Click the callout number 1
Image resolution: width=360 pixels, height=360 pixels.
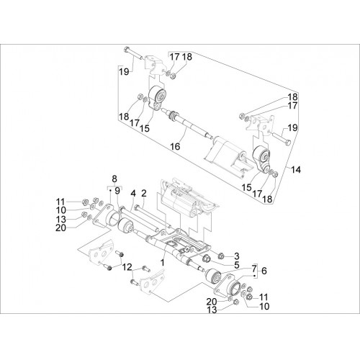(163, 263)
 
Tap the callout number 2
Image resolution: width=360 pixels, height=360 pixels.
(144, 194)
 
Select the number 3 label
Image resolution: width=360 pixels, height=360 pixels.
(237, 256)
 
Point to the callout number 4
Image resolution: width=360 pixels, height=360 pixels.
(133, 194)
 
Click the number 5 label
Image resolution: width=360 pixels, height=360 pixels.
(237, 265)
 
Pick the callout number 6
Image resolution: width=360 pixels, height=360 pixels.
(264, 271)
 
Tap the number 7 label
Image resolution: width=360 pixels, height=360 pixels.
(254, 269)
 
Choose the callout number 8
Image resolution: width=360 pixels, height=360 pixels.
(114, 179)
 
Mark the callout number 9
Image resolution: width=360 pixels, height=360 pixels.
(117, 191)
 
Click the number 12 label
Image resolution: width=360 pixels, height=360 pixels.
(127, 266)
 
